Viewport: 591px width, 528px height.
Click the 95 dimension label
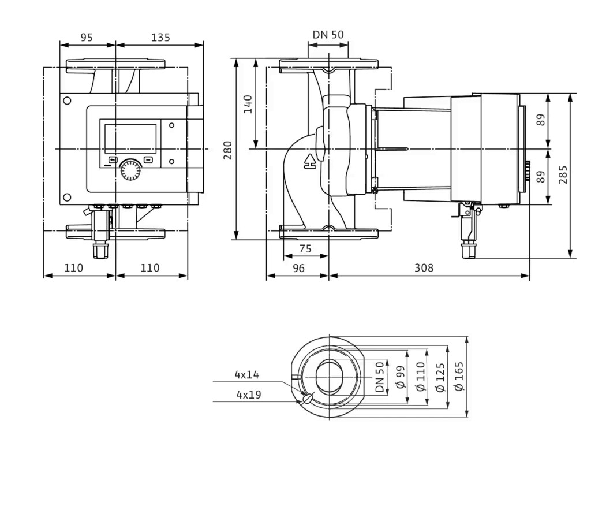(x=87, y=38)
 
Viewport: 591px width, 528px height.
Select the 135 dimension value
(x=160, y=38)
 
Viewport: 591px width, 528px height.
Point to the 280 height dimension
(x=227, y=150)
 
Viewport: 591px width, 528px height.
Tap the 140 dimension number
(x=248, y=104)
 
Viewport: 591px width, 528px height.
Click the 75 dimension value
(x=305, y=248)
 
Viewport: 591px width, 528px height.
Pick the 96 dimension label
(x=298, y=268)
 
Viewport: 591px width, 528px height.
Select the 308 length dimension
(x=424, y=268)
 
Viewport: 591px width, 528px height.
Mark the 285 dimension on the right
(x=563, y=174)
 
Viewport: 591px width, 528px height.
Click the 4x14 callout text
(x=247, y=374)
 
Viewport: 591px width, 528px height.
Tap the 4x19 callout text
(x=249, y=395)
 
